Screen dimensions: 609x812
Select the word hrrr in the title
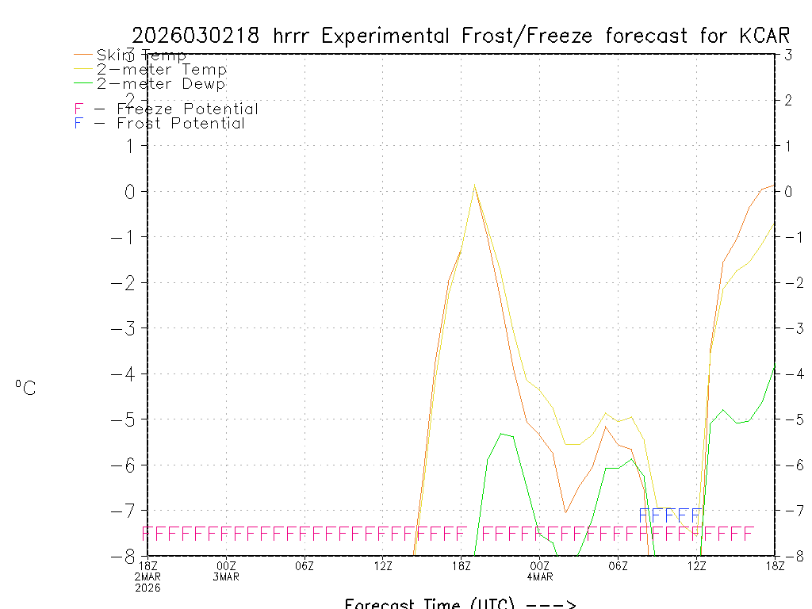click(293, 36)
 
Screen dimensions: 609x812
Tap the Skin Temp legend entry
click(141, 56)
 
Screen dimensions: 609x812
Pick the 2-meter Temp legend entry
click(161, 70)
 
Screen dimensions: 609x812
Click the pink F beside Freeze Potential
click(79, 109)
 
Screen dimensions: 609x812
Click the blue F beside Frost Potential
click(79, 124)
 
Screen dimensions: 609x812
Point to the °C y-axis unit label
click(25, 388)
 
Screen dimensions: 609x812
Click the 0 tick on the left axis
click(132, 191)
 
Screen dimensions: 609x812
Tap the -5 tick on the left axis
click(127, 419)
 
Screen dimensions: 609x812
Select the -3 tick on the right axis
click(787, 327)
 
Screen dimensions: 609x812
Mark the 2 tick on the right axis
click(787, 100)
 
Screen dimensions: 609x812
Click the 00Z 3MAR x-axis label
click(227, 570)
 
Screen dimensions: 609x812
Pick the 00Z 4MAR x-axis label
click(540, 570)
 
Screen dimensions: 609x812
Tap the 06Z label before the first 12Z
click(304, 565)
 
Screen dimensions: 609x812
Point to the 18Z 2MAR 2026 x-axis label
click(149, 576)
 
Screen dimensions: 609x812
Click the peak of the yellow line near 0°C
click(474, 185)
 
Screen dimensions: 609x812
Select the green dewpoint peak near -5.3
click(500, 434)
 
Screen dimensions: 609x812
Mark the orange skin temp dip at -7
click(565, 511)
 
